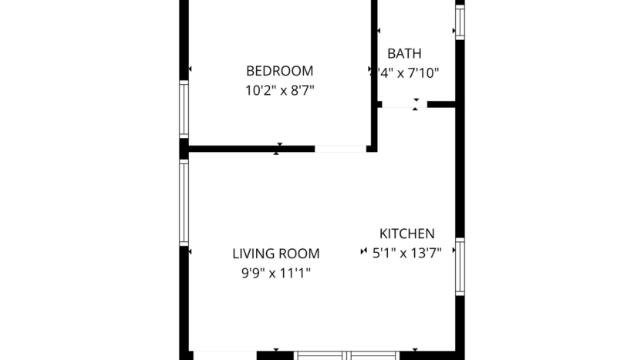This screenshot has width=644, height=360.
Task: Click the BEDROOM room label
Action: [279, 71]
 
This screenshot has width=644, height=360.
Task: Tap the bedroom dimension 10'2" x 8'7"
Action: [279, 90]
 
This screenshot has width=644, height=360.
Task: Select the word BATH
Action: [404, 54]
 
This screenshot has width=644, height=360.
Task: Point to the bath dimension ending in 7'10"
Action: [407, 73]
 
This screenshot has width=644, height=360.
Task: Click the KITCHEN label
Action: [406, 234]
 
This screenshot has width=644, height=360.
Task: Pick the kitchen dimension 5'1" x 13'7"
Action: [406, 252]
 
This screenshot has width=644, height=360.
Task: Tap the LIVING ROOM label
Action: [276, 254]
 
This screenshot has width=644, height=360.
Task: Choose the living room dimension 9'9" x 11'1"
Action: [276, 272]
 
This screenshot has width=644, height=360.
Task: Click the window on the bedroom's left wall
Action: [184, 109]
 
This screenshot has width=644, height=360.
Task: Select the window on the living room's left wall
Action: [184, 202]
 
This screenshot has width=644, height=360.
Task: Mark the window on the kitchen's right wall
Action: [460, 267]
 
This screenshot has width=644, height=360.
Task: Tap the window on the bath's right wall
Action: [460, 22]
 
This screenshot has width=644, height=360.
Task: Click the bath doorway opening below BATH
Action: [404, 104]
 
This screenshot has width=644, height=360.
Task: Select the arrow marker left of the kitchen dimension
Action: [363, 252]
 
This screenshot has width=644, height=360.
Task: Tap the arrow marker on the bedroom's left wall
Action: [190, 70]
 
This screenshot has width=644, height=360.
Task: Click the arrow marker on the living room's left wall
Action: [190, 252]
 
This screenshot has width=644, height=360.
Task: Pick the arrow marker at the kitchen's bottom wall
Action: [415, 351]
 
